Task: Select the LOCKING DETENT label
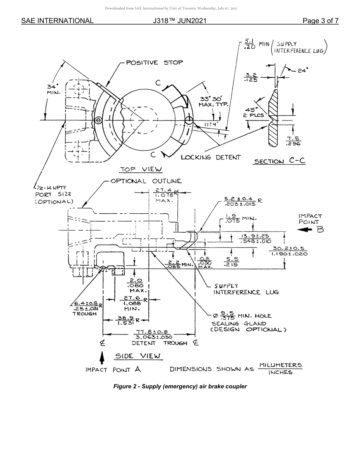coord(210,157)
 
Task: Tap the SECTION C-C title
coord(279,161)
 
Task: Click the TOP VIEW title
coord(141,169)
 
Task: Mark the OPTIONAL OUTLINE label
coord(146,181)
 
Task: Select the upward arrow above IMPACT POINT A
coord(102,358)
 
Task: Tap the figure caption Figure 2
coord(180,386)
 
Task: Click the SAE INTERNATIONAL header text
coord(57,21)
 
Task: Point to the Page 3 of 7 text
coord(321,21)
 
